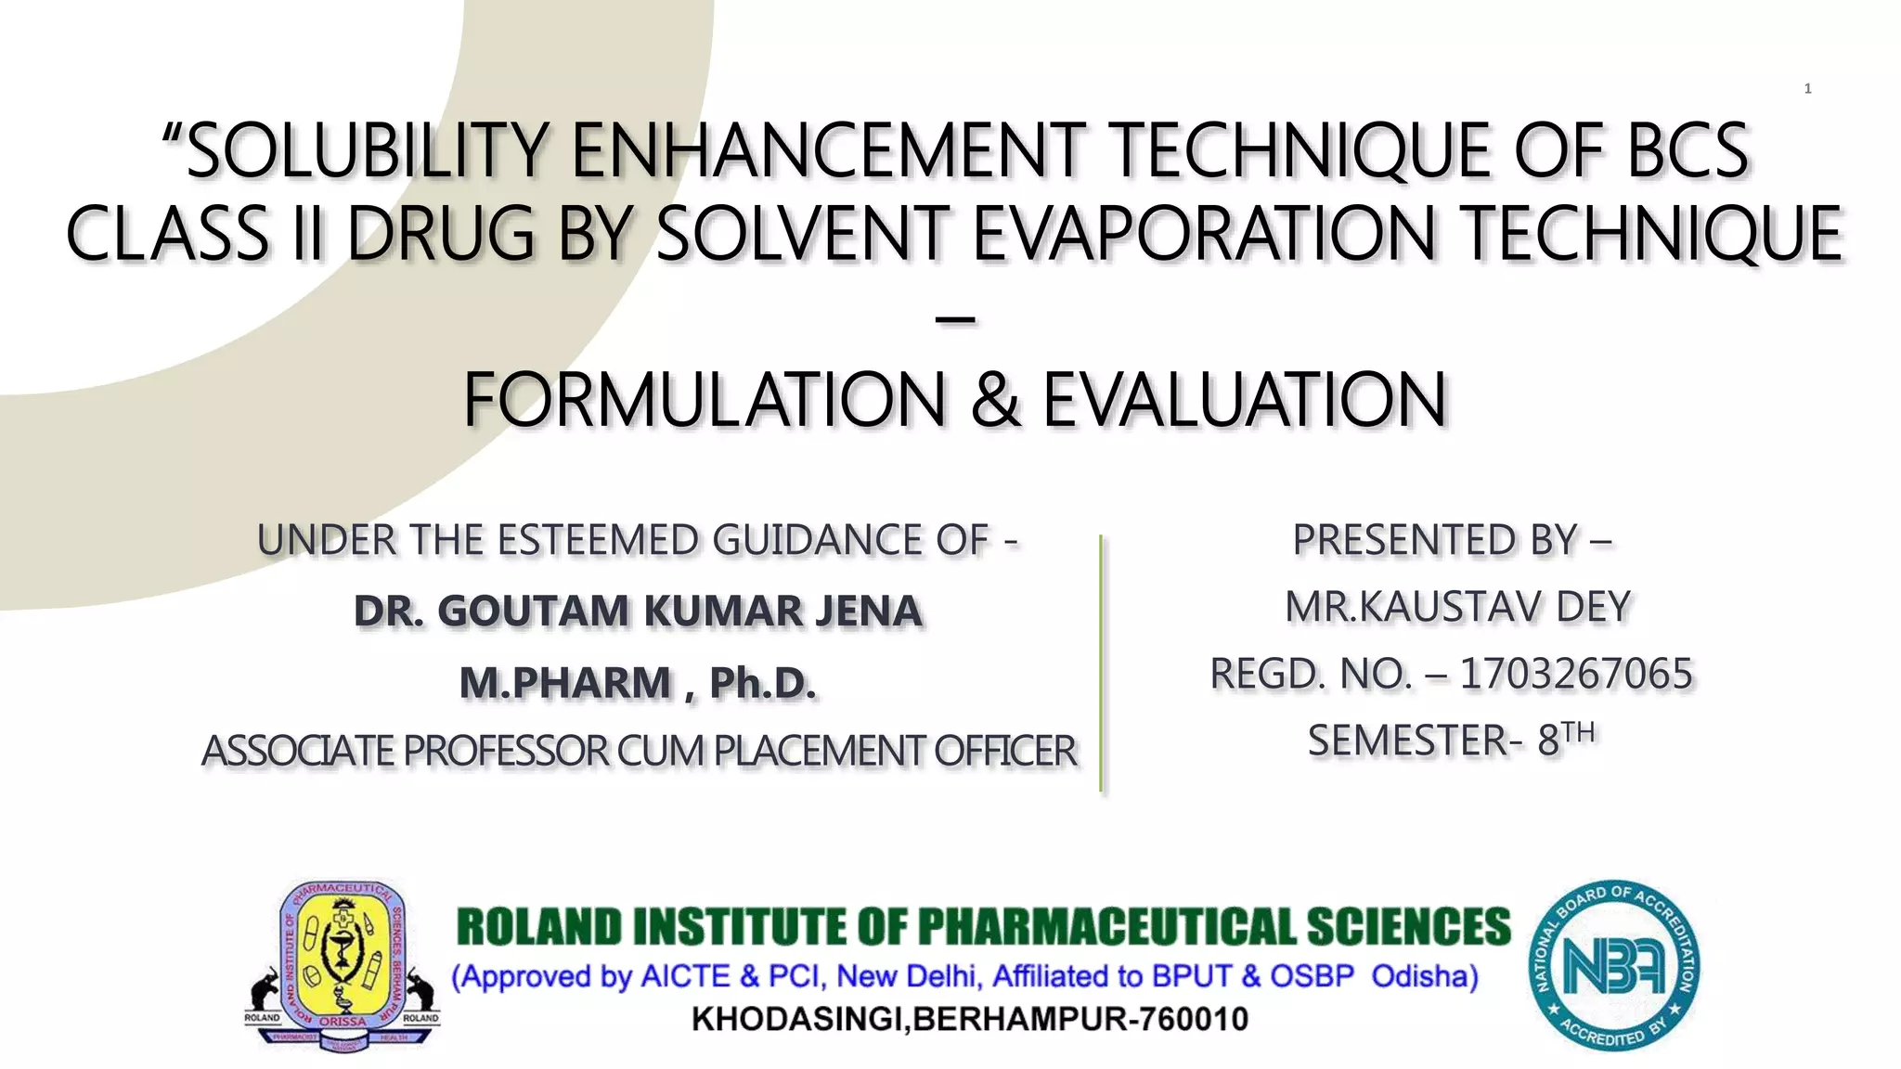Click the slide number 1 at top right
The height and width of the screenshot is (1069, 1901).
[1807, 89]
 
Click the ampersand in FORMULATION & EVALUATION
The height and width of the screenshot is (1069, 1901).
[996, 400]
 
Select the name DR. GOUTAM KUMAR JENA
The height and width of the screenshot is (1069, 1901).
[639, 612]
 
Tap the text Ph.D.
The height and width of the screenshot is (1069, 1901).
[763, 683]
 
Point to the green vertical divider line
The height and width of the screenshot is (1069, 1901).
[1101, 663]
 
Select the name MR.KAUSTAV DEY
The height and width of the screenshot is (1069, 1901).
[1457, 607]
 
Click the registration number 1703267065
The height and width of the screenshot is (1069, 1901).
[1576, 674]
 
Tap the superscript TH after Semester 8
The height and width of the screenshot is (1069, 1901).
[1578, 732]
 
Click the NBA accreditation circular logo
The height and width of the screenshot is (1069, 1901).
[1614, 965]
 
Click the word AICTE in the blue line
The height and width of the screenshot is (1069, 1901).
[686, 976]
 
